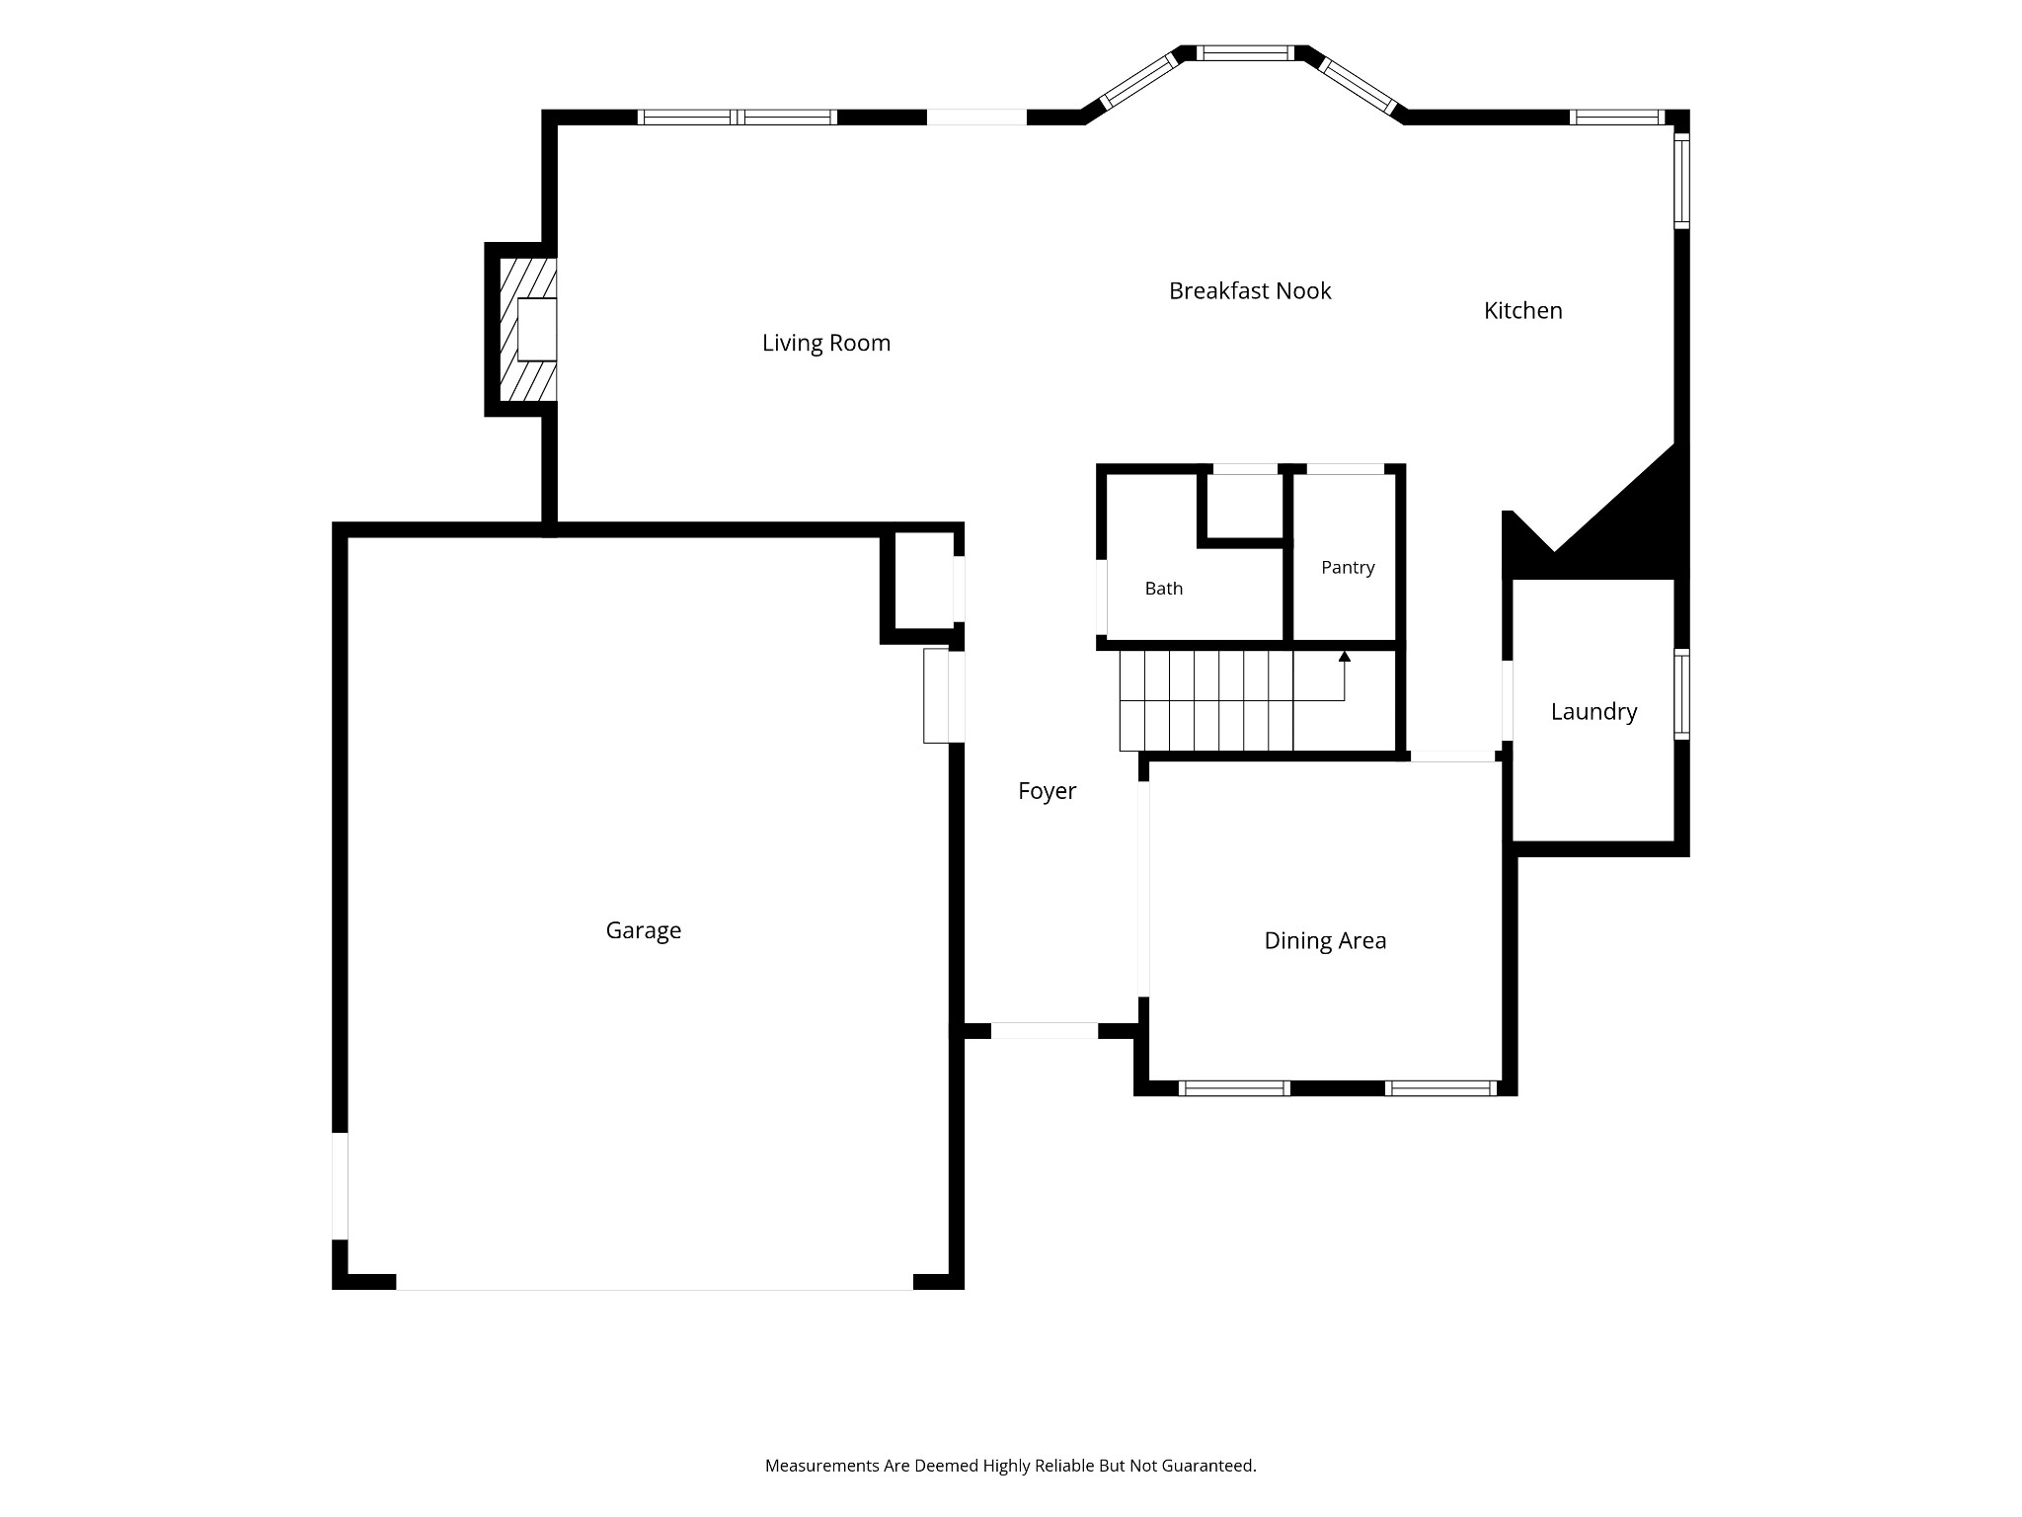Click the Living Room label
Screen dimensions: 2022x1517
[826, 343]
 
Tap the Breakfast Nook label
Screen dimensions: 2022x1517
[1250, 290]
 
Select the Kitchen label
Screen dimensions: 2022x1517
[1522, 310]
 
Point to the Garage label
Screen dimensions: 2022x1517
[644, 930]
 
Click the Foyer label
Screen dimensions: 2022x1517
[1047, 791]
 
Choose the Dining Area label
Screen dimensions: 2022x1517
[1325, 940]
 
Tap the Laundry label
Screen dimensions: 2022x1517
[1594, 711]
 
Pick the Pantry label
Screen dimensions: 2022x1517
[1348, 568]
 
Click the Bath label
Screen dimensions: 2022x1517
[1163, 589]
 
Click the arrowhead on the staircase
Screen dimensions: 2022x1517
[1344, 656]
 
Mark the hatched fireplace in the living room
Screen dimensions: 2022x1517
[528, 329]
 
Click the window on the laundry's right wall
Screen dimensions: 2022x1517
[1681, 694]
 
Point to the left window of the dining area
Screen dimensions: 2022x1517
[1234, 1088]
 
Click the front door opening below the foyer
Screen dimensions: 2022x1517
[1044, 1031]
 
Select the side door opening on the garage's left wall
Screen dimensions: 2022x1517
[340, 1185]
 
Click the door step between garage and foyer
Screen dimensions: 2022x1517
[936, 695]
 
